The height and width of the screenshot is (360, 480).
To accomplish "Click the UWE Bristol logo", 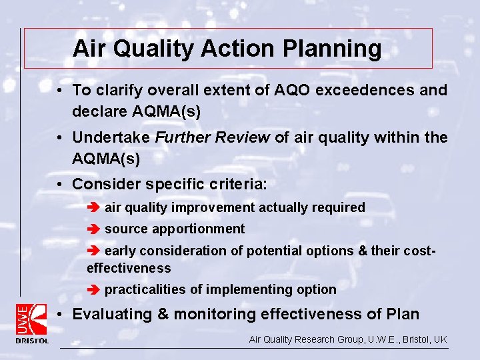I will click(31, 323).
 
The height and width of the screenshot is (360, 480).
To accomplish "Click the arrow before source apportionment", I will click(94, 229).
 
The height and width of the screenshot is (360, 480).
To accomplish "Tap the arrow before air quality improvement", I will click(94, 208).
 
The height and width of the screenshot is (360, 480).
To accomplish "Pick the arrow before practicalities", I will click(94, 290).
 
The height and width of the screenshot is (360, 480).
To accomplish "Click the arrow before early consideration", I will click(94, 251).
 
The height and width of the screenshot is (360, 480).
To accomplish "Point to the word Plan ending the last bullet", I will click(402, 314).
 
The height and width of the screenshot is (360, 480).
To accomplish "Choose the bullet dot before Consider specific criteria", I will click(60, 183).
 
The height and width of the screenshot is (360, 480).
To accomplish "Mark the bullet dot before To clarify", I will click(60, 90).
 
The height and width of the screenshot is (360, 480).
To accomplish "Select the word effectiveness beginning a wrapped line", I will click(129, 268).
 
